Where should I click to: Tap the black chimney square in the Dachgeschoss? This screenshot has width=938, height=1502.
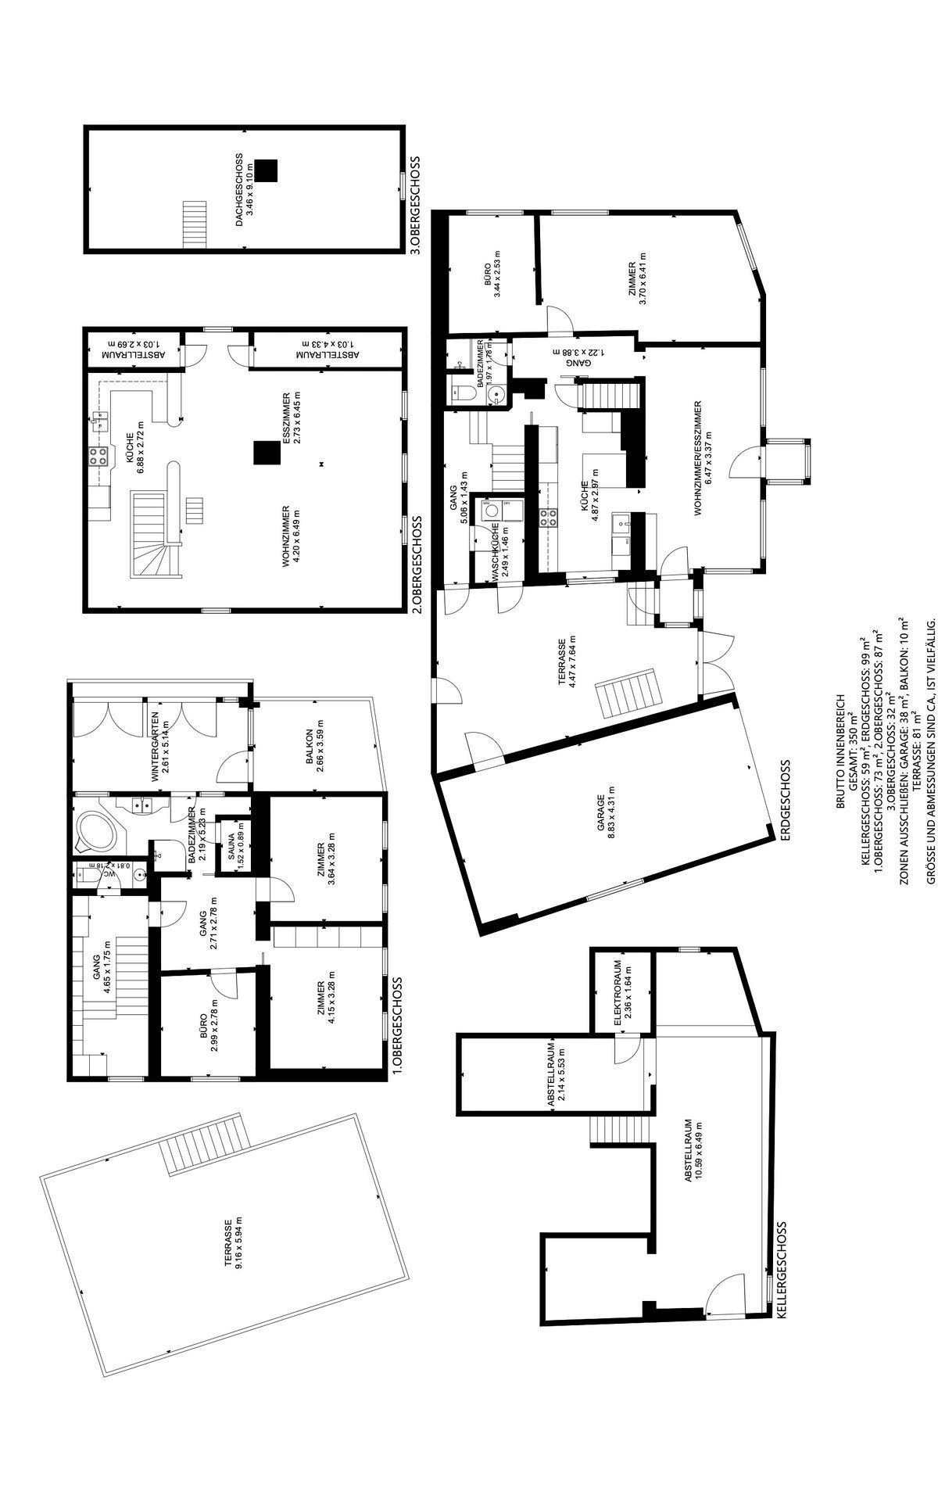click(x=268, y=170)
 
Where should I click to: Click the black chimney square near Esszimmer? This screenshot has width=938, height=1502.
click(x=266, y=452)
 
